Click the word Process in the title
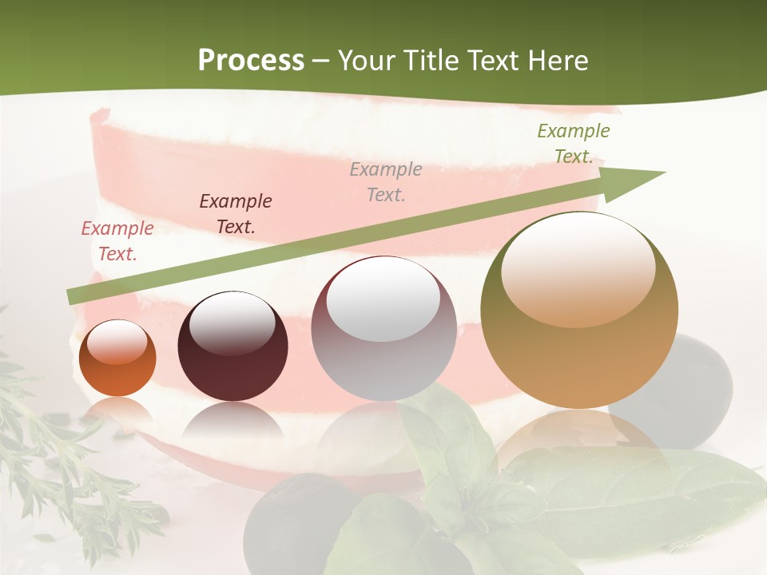point(251,61)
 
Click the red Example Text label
point(117,241)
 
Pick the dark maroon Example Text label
point(235,214)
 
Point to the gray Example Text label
point(386,181)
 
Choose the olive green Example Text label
point(573,144)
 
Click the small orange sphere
point(117,359)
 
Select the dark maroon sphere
point(232,347)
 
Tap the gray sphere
point(383,329)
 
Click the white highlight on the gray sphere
point(383,299)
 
